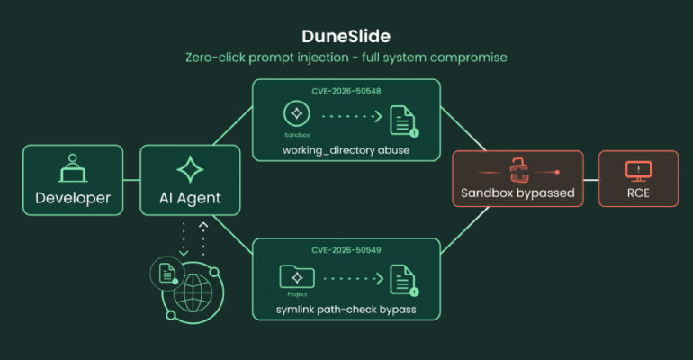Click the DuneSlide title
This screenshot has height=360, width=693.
click(346, 36)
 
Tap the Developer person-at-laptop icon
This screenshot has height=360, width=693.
click(73, 168)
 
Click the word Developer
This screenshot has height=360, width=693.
click(73, 198)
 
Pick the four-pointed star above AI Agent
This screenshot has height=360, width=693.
click(190, 169)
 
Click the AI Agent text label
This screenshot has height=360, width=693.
click(190, 198)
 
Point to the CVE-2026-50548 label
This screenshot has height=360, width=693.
click(346, 91)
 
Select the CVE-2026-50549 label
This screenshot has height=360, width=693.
click(346, 250)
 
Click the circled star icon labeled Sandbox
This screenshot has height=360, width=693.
click(297, 113)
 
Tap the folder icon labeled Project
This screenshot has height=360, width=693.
click(297, 276)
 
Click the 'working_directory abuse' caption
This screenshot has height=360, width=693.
click(346, 150)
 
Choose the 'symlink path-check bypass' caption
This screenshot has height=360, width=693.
click(346, 310)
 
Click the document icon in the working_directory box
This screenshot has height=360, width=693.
click(403, 121)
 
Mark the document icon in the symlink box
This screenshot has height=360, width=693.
click(403, 280)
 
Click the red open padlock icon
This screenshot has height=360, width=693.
click(519, 170)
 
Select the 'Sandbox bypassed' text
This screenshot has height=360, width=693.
click(517, 193)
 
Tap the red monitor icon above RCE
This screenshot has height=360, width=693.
click(638, 171)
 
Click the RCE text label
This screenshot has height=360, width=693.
click(638, 193)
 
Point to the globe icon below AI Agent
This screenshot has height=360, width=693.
click(193, 292)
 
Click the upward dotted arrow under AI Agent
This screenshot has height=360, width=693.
click(203, 239)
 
